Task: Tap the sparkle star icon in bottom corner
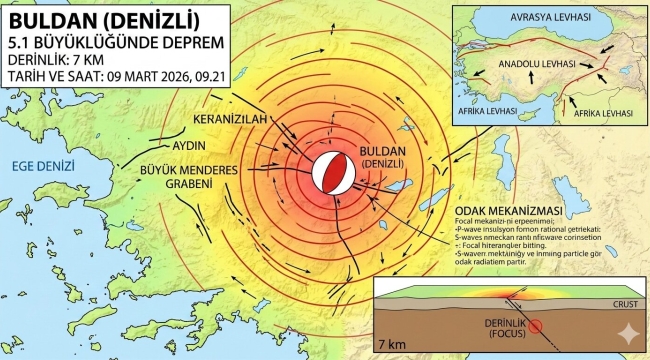[x=627, y=337]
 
